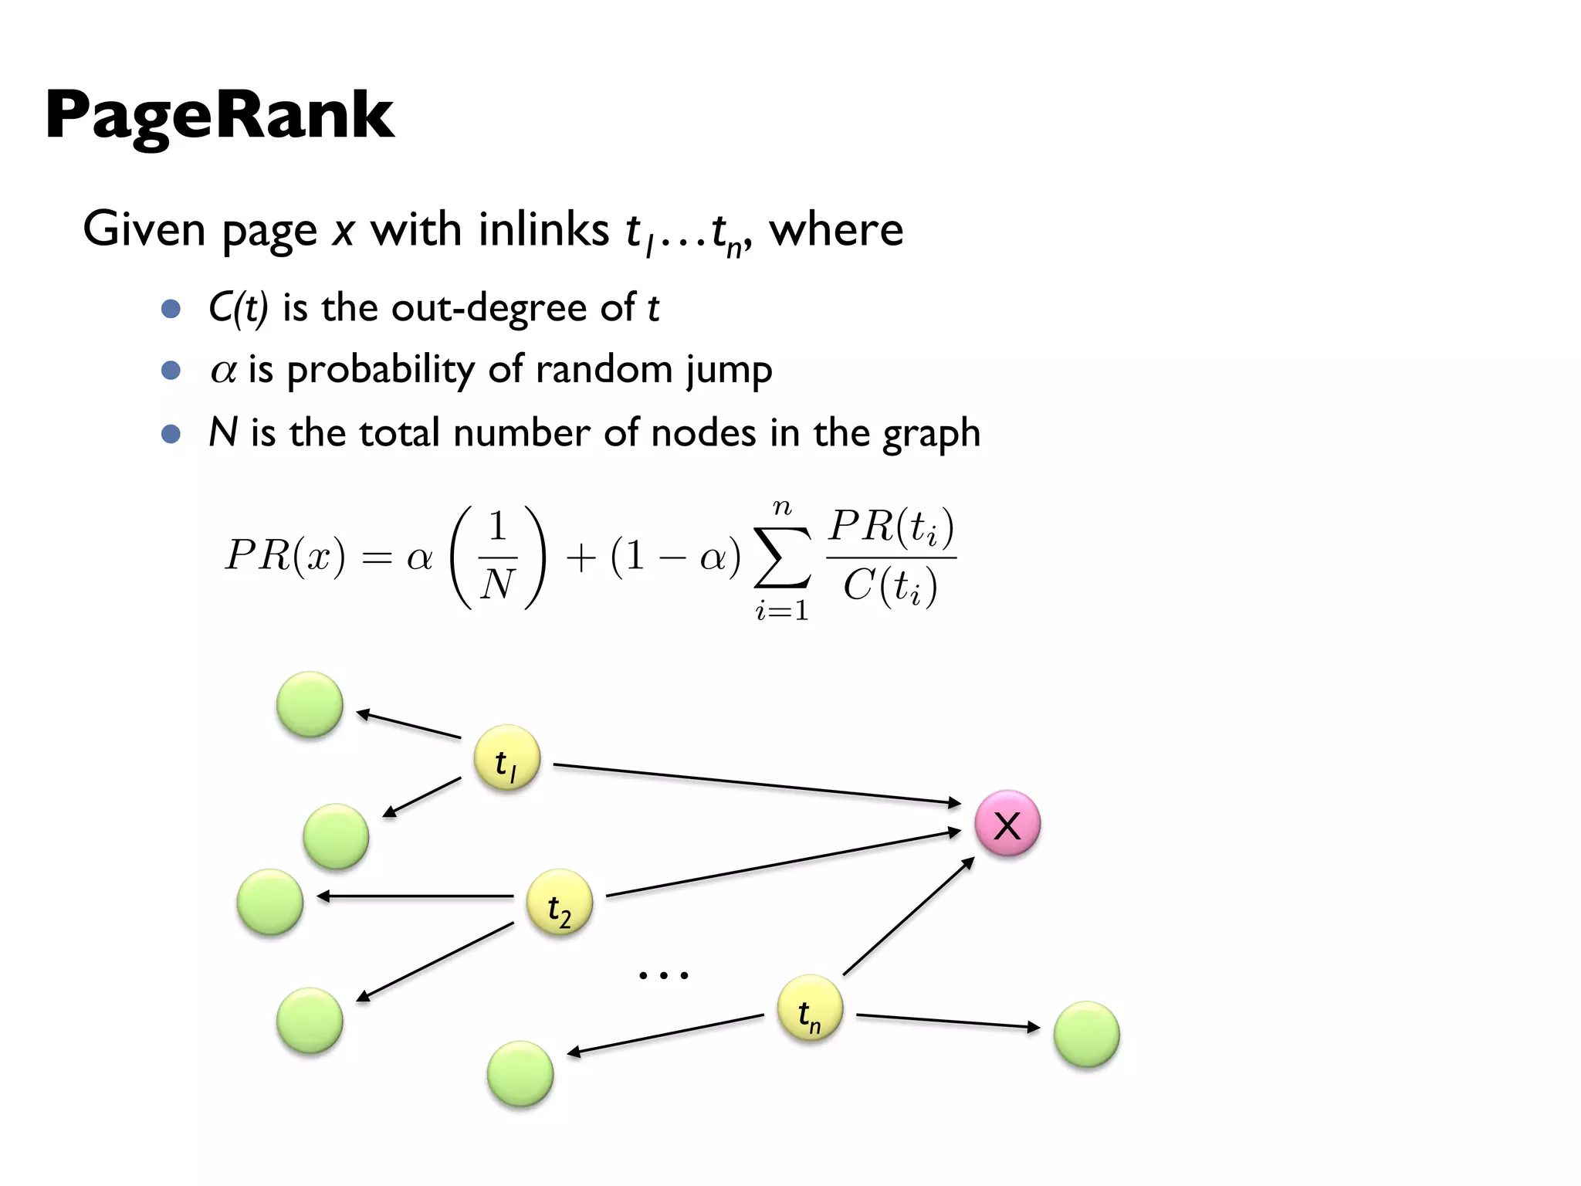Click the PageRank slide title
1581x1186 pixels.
pyautogui.click(x=220, y=116)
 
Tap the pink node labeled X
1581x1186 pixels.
pyautogui.click(x=1007, y=824)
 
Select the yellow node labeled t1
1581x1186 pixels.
pyautogui.click(x=506, y=758)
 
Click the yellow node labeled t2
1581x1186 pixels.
pyautogui.click(x=559, y=903)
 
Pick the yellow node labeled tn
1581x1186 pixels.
pyautogui.click(x=809, y=1008)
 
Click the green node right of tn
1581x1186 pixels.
pyautogui.click(x=1086, y=1035)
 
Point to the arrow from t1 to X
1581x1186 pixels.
pyautogui.click(x=757, y=784)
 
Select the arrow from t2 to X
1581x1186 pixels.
pyautogui.click(x=783, y=863)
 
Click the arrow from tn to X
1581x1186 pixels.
pyautogui.click(x=909, y=916)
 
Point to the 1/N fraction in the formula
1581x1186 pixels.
pyautogui.click(x=498, y=556)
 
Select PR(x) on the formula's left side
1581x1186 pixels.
pyautogui.click(x=285, y=556)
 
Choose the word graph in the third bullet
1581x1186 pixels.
pyautogui.click(x=932, y=433)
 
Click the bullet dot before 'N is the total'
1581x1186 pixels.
pyautogui.click(x=171, y=433)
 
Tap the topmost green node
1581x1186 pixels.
pyautogui.click(x=310, y=704)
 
